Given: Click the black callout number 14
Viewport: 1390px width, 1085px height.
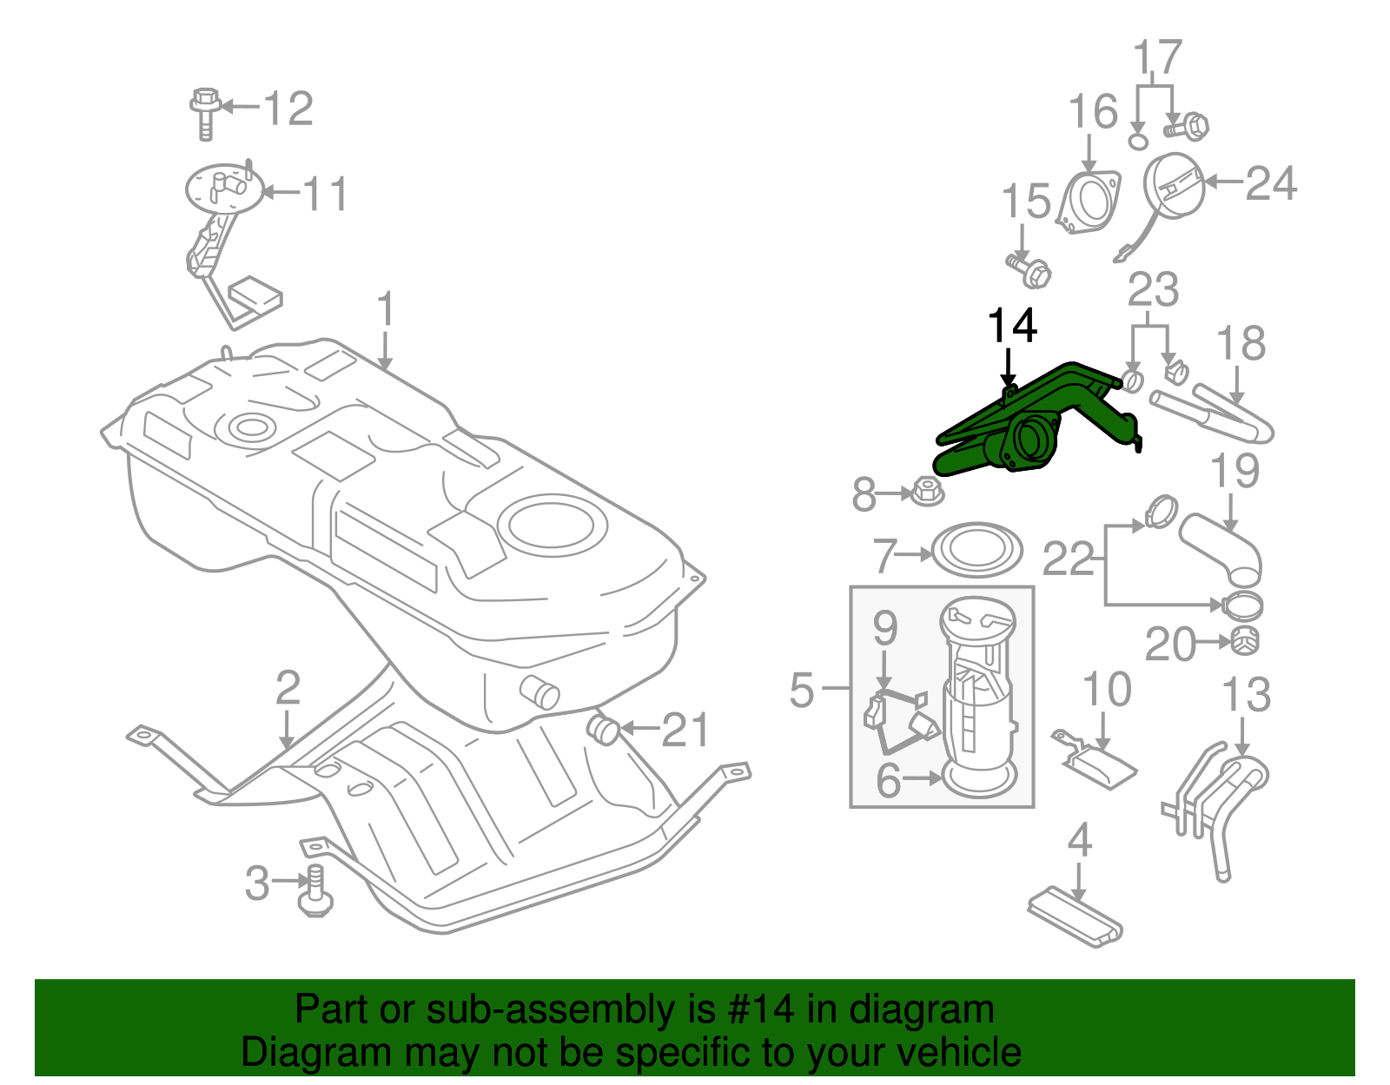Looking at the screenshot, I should (x=1012, y=326).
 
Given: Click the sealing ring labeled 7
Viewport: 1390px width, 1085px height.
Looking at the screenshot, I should (x=976, y=550).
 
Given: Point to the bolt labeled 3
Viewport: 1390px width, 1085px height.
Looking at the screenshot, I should (x=314, y=892).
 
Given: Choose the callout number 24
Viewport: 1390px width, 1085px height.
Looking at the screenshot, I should (x=1271, y=183).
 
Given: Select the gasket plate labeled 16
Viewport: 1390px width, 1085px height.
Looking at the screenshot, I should (x=1088, y=202).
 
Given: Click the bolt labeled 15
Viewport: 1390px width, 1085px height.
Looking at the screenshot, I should (x=1030, y=269).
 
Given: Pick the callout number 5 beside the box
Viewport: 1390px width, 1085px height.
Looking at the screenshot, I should (x=802, y=690).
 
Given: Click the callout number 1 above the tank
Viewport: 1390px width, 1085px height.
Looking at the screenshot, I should (x=386, y=311).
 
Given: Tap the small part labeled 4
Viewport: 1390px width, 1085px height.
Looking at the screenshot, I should (x=1075, y=916).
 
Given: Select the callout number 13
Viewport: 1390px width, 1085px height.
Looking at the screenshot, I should (x=1246, y=695).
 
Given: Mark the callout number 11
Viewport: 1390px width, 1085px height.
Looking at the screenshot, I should (x=325, y=193).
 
